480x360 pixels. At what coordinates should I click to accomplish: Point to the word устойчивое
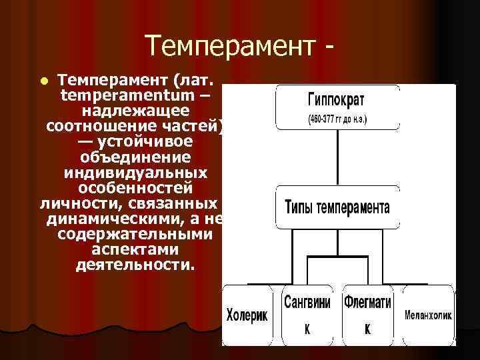(145, 142)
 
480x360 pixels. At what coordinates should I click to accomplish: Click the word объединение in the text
(135, 157)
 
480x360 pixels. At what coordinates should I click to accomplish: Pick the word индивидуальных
(135, 173)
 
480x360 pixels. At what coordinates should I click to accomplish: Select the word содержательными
(135, 234)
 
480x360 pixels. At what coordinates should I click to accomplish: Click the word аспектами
(135, 249)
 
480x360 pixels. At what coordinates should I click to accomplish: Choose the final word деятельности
(135, 265)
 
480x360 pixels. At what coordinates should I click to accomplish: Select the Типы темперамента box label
(337, 205)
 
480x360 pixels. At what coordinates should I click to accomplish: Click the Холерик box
(247, 315)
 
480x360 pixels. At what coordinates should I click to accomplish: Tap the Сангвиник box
(307, 315)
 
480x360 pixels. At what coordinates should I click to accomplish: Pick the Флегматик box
(367, 315)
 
